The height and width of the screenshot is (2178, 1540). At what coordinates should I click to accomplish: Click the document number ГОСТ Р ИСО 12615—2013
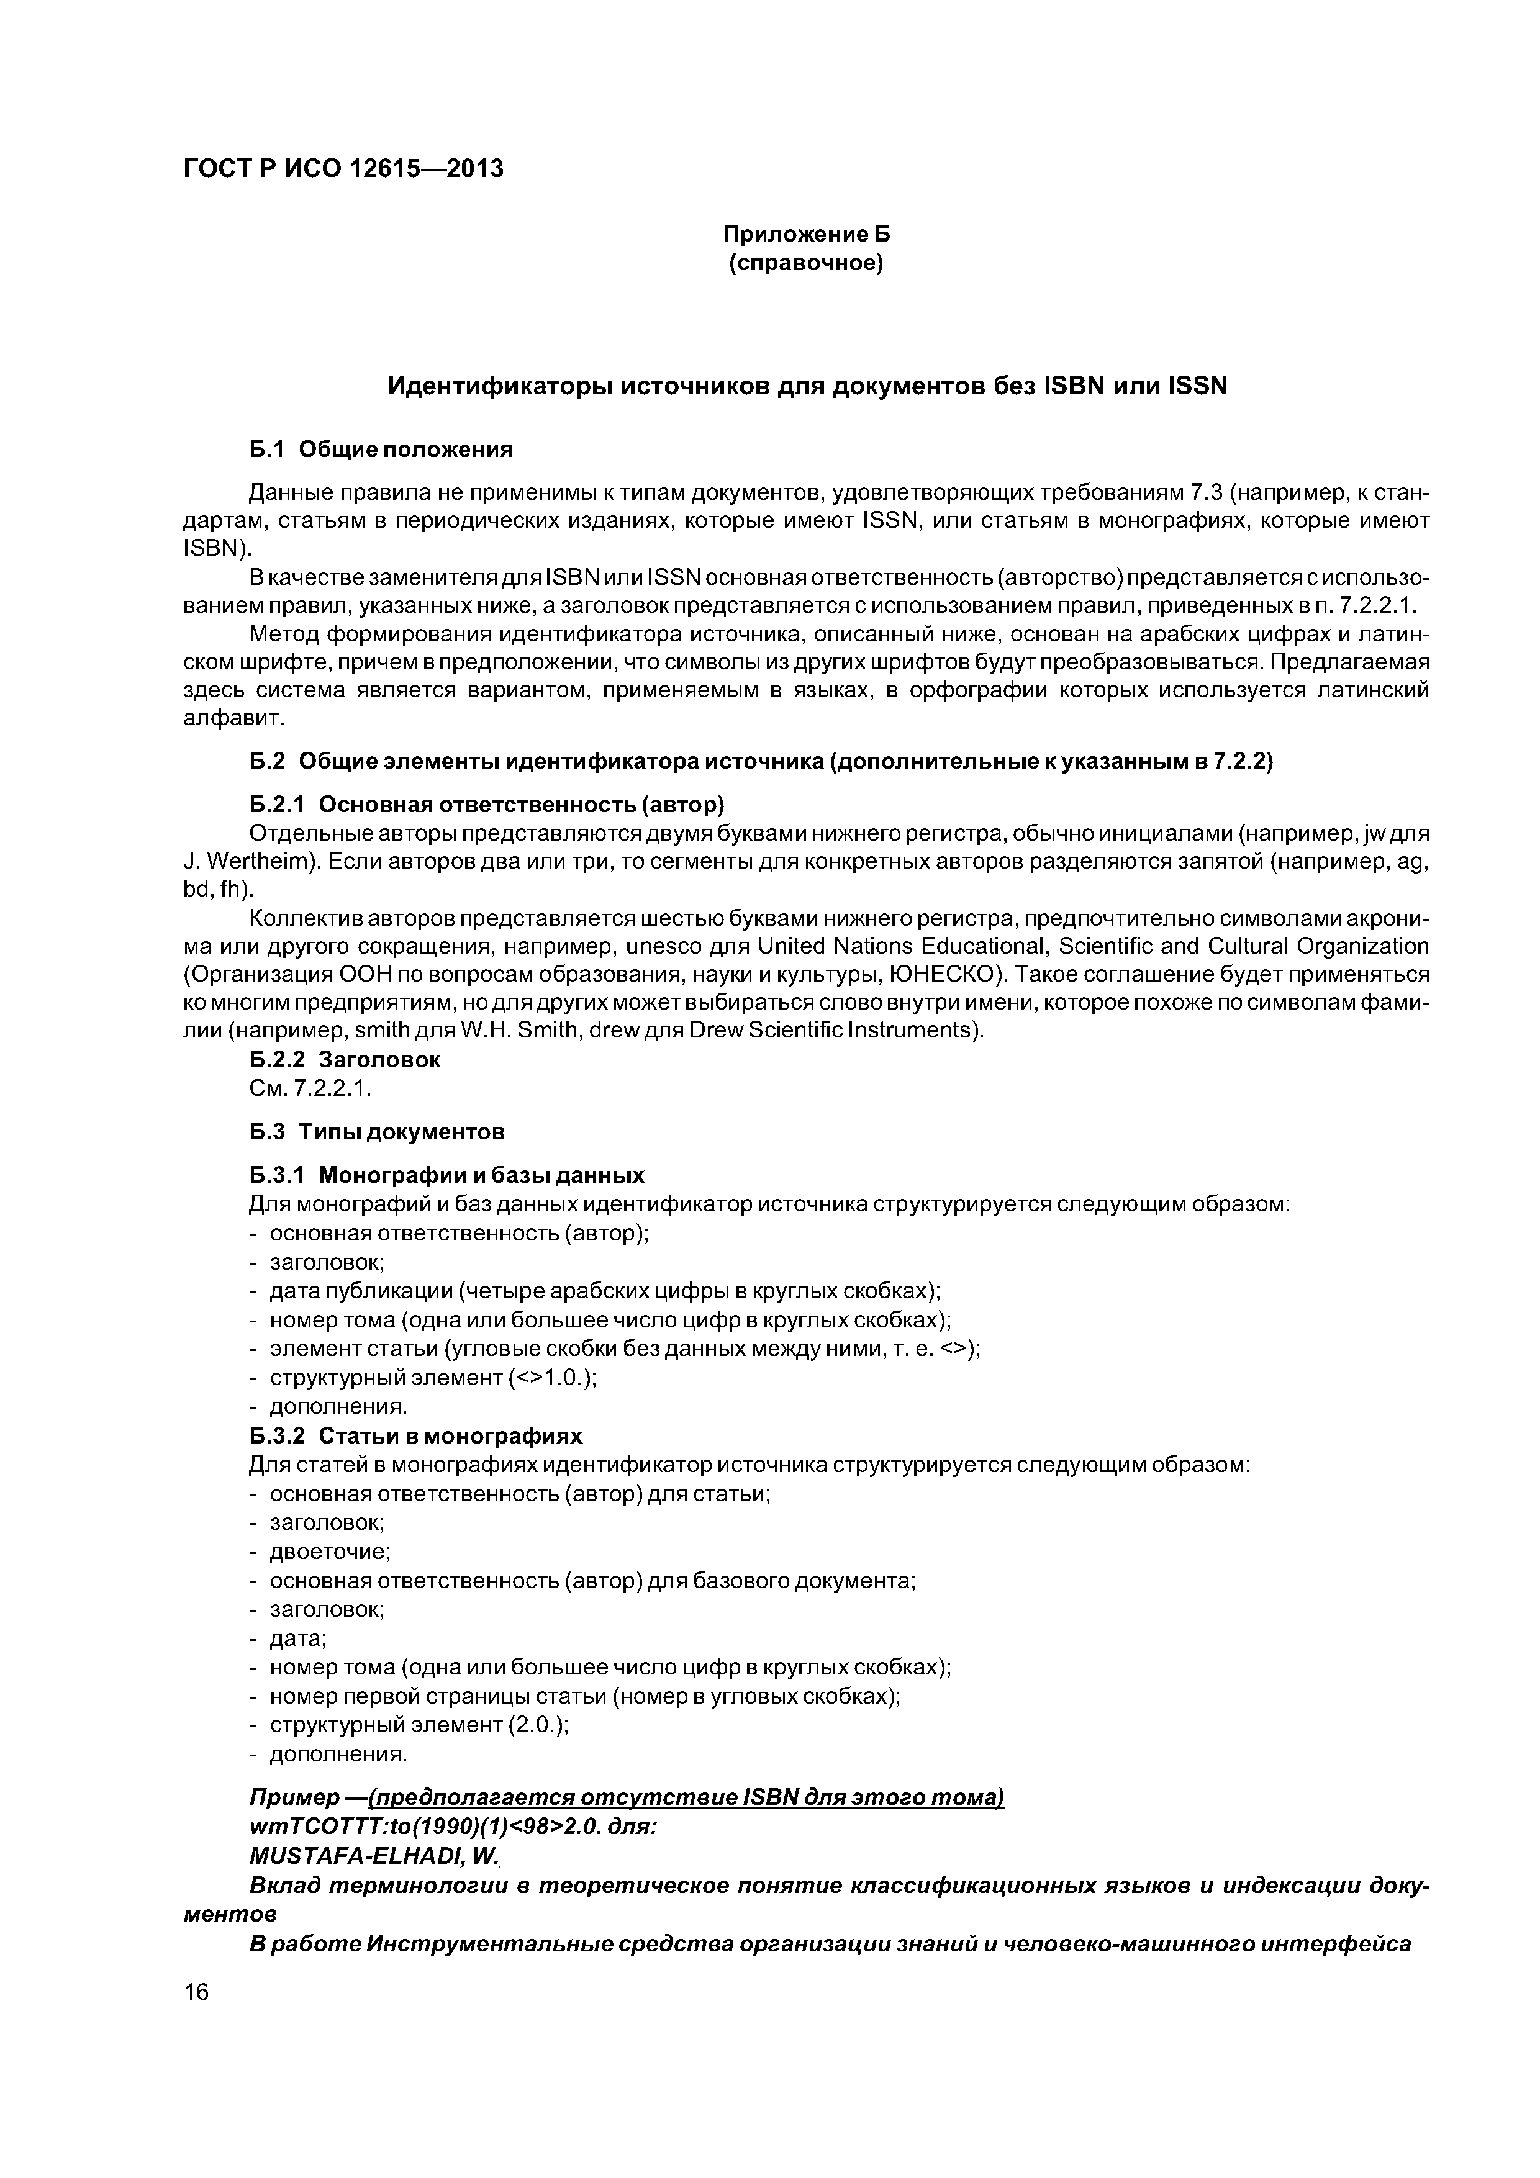(x=343, y=169)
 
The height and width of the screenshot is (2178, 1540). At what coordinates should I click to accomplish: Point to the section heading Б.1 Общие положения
(x=381, y=450)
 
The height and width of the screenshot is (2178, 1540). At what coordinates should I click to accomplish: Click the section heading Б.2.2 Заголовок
(x=345, y=1060)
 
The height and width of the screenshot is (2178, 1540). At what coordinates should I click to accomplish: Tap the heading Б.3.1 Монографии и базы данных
(x=446, y=1175)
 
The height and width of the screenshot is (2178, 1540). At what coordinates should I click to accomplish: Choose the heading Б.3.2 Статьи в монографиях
(x=415, y=1435)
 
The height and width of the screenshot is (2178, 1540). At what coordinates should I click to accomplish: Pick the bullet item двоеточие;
(x=330, y=1552)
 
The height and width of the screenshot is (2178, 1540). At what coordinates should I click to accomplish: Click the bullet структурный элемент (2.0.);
(x=419, y=1725)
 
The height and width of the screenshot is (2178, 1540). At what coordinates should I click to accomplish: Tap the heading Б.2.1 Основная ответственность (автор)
(x=487, y=805)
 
